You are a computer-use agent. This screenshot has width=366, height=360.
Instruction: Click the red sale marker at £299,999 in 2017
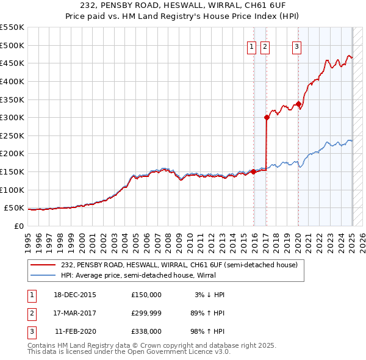pos(267,117)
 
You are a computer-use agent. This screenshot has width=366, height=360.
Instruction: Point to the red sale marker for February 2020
pos(298,104)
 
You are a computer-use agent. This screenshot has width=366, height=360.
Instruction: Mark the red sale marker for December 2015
pos(253,171)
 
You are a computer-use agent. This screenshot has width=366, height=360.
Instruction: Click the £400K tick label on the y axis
pos(12,81)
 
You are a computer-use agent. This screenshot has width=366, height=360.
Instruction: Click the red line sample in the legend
pos(43,265)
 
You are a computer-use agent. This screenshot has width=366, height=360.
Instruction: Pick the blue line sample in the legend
pos(43,275)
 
